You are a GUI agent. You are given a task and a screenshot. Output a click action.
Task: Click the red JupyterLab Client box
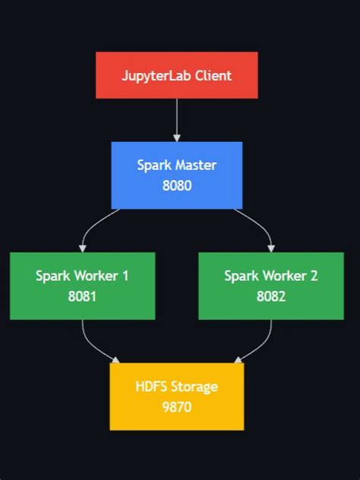176,75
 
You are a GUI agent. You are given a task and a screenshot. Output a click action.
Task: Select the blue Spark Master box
176,175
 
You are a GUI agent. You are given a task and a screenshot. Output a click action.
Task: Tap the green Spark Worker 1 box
82,286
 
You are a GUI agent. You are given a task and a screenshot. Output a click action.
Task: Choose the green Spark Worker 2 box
271,286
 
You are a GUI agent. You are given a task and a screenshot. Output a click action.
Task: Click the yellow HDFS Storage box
176,396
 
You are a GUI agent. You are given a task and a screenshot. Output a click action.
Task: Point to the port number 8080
176,185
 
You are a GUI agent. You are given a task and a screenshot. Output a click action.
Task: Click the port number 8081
82,296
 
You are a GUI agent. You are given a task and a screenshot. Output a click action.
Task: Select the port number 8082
271,296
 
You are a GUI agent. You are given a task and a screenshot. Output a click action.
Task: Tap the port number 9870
176,407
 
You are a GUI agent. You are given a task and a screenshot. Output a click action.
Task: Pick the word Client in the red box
213,76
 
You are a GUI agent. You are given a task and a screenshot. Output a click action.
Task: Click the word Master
194,165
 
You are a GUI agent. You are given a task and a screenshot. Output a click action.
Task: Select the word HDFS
150,387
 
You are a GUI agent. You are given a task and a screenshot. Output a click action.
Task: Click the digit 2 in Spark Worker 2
314,276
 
